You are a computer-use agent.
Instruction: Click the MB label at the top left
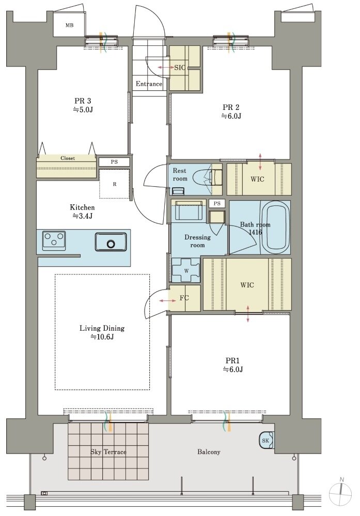(69, 25)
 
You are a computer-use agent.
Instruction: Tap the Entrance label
(149, 84)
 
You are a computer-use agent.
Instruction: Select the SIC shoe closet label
(180, 68)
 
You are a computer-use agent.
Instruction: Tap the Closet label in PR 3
(68, 158)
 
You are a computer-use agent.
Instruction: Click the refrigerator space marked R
(115, 184)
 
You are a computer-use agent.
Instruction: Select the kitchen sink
(111, 242)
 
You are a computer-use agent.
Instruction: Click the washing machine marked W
(186, 270)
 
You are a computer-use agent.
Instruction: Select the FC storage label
(184, 298)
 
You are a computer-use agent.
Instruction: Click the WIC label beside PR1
(247, 285)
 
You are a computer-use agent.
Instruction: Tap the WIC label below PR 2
(257, 180)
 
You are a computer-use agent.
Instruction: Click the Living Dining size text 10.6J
(102, 337)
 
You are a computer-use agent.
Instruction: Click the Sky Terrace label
(108, 452)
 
